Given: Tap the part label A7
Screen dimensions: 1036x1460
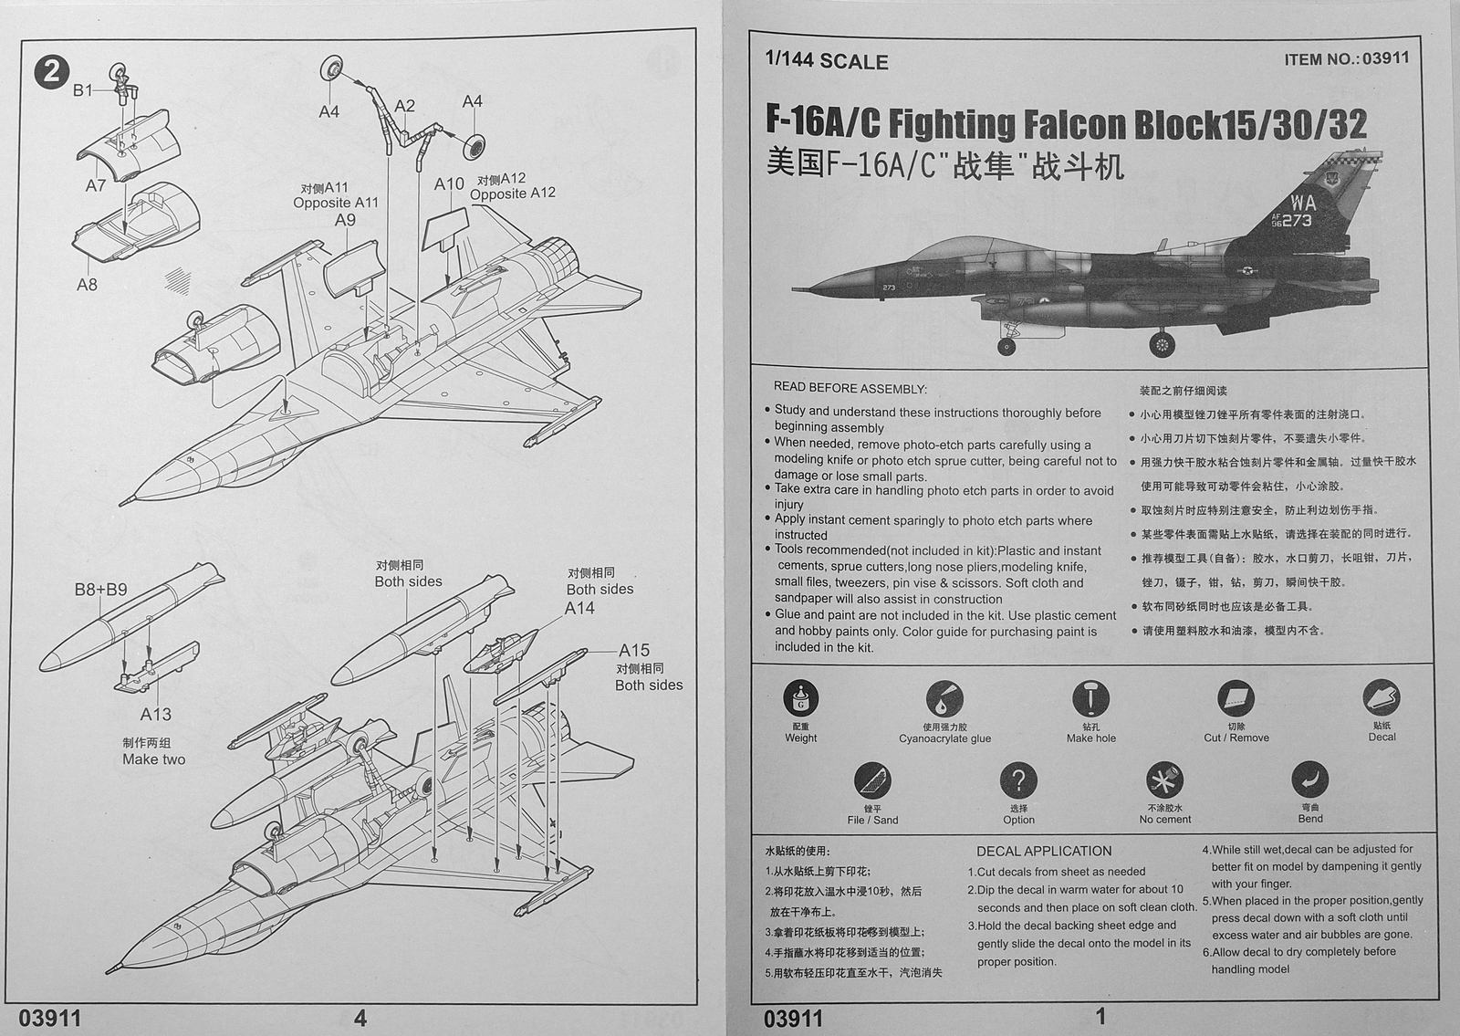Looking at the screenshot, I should pyautogui.click(x=96, y=185).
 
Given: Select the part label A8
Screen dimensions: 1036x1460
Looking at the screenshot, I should pyautogui.click(x=87, y=284).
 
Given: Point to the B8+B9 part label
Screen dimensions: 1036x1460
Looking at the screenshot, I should pyautogui.click(x=100, y=591).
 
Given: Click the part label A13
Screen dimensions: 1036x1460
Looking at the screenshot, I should pyautogui.click(x=155, y=715).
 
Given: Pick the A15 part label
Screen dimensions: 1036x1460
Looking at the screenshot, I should pyautogui.click(x=634, y=651).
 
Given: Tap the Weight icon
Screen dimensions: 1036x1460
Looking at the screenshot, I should pyautogui.click(x=800, y=699).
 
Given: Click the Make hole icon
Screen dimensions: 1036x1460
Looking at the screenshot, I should pyautogui.click(x=1090, y=699).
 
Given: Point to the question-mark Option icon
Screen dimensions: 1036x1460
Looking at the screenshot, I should pyautogui.click(x=1018, y=780).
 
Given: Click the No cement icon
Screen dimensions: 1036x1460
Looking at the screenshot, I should pyautogui.click(x=1164, y=781).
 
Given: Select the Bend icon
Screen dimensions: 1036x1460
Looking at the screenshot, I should pyautogui.click(x=1310, y=780).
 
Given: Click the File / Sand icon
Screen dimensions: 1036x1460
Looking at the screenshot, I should pyautogui.click(x=872, y=781).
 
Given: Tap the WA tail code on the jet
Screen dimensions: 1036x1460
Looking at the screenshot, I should pyautogui.click(x=1302, y=203).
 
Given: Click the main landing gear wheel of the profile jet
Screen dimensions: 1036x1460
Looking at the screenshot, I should pyautogui.click(x=1162, y=345).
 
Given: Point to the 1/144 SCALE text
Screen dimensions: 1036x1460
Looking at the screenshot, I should pyautogui.click(x=827, y=62).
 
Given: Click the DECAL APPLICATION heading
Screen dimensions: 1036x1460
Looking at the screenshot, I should pyautogui.click(x=1044, y=851).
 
